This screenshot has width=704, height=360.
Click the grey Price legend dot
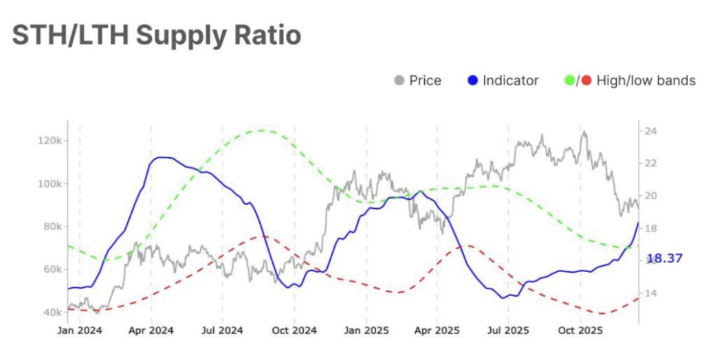click(399, 81)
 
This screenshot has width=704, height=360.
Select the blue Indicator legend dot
click(472, 81)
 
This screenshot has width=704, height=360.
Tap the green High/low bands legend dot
click(569, 81)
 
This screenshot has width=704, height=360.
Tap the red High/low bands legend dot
click(586, 81)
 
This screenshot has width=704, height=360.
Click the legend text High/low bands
click(646, 81)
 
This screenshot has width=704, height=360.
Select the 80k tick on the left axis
click(51, 227)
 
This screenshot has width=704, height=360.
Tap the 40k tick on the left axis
click(51, 313)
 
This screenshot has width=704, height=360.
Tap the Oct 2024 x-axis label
click(294, 330)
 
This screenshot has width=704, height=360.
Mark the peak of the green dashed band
click(263, 130)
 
